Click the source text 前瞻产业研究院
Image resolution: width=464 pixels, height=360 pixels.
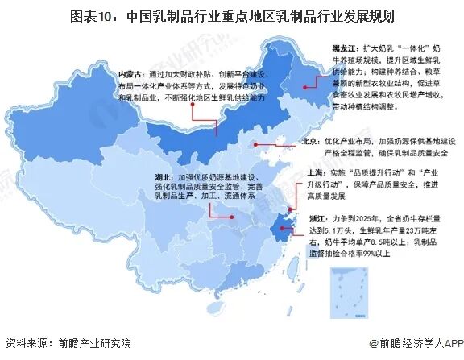[93, 342]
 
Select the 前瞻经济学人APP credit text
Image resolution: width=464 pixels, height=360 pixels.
[416, 342]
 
